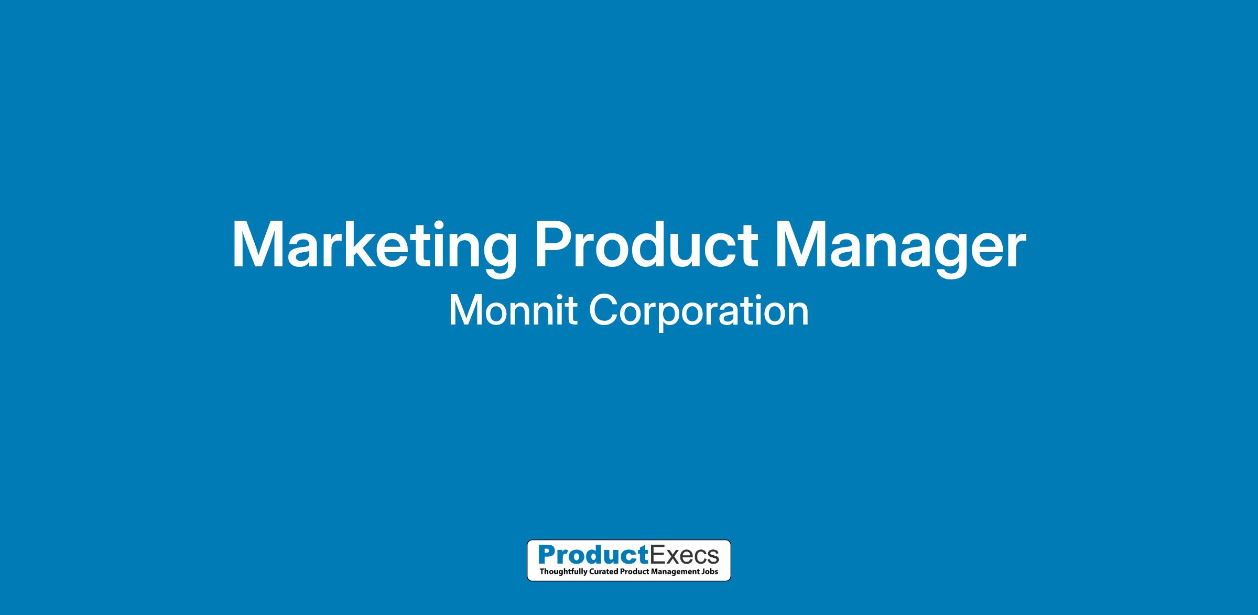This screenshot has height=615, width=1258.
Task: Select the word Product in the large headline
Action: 646,245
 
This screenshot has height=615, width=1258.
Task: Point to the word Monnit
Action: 513,310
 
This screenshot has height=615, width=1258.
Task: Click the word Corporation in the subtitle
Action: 699,312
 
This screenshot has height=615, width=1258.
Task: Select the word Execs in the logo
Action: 684,554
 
